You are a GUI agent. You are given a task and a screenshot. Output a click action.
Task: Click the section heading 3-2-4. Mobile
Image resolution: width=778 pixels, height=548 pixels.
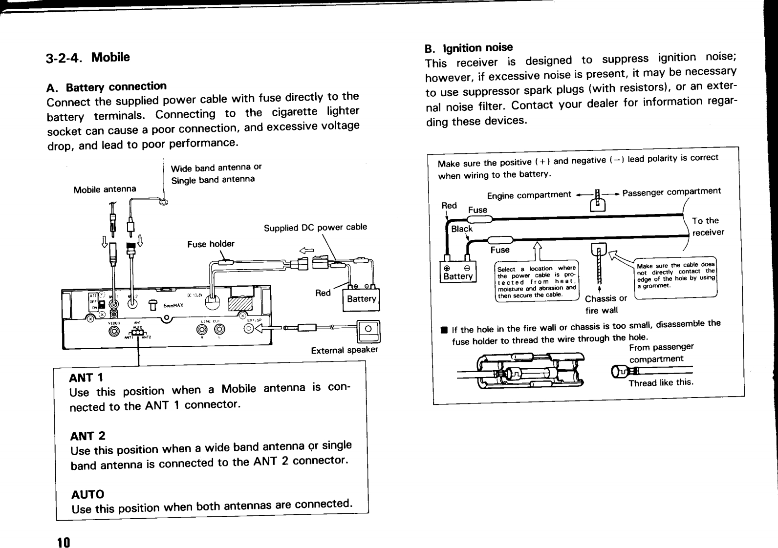88,58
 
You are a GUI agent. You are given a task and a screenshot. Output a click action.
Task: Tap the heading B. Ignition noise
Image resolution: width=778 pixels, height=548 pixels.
469,48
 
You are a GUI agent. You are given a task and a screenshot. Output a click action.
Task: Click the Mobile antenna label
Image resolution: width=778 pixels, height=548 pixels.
105,189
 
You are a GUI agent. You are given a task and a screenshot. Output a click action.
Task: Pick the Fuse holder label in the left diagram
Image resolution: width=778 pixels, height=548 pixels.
211,244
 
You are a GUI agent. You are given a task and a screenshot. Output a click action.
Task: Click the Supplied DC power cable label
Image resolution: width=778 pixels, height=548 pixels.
315,228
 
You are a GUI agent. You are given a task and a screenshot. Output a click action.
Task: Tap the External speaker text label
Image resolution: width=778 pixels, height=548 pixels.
345,350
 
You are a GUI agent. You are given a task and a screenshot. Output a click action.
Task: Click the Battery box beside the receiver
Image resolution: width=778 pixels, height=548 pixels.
362,299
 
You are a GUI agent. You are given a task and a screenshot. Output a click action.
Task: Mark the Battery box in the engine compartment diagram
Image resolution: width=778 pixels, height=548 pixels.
458,272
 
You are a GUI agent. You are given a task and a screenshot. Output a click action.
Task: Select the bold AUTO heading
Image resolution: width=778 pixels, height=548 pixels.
87,494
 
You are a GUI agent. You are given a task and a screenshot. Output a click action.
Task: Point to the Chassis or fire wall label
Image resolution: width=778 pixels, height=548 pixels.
606,304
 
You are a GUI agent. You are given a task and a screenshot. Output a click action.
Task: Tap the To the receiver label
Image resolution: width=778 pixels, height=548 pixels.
708,226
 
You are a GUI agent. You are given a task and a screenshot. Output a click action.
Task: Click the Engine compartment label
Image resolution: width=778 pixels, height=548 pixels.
529,195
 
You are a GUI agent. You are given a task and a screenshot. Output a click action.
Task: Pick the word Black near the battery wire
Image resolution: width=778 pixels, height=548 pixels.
462,229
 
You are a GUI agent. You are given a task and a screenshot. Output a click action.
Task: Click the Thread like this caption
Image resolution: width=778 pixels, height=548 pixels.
661,382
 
